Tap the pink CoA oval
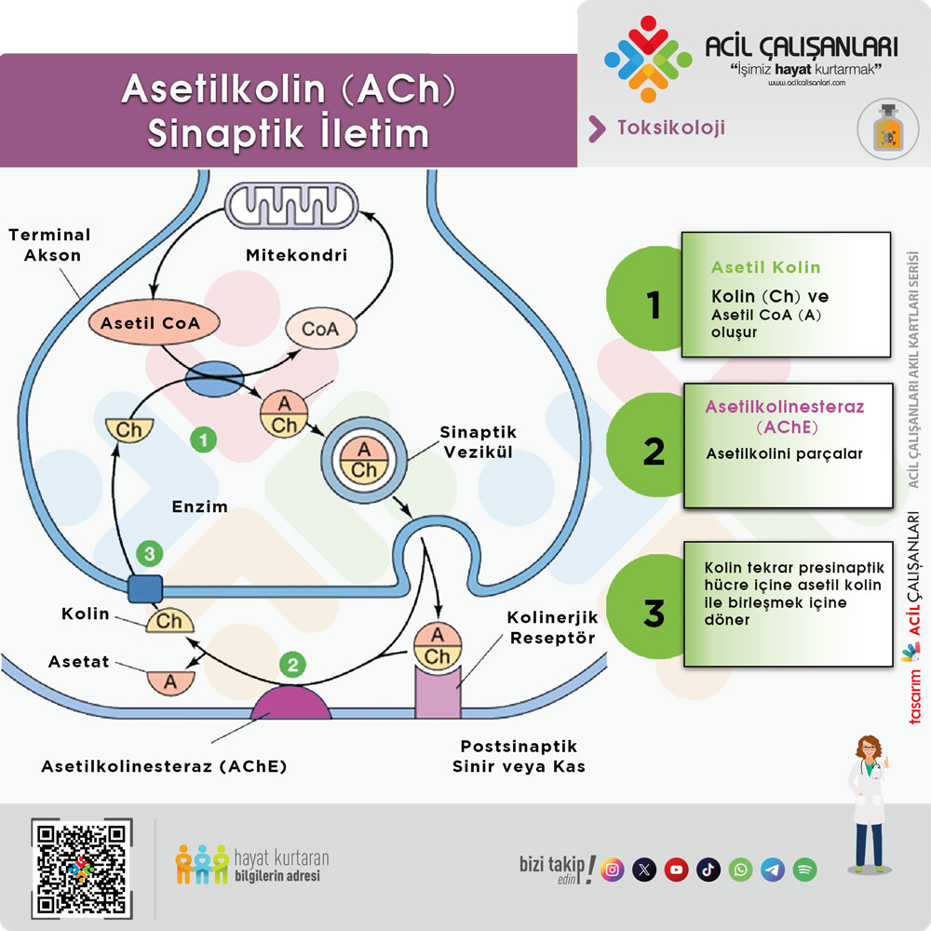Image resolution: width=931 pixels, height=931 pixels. [x=320, y=329]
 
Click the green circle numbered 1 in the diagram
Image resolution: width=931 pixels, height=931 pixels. [x=203, y=439]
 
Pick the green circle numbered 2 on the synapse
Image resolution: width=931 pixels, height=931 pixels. [x=292, y=665]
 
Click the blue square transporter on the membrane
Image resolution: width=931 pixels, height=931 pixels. [x=144, y=588]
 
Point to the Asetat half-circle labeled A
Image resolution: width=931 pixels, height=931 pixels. [x=169, y=679]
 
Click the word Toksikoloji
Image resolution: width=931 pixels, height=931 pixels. [x=670, y=128]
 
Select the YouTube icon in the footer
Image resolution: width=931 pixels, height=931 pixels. [x=677, y=870]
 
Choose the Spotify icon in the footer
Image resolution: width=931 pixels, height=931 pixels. [x=805, y=870]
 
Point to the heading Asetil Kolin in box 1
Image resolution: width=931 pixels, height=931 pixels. [x=765, y=267]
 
